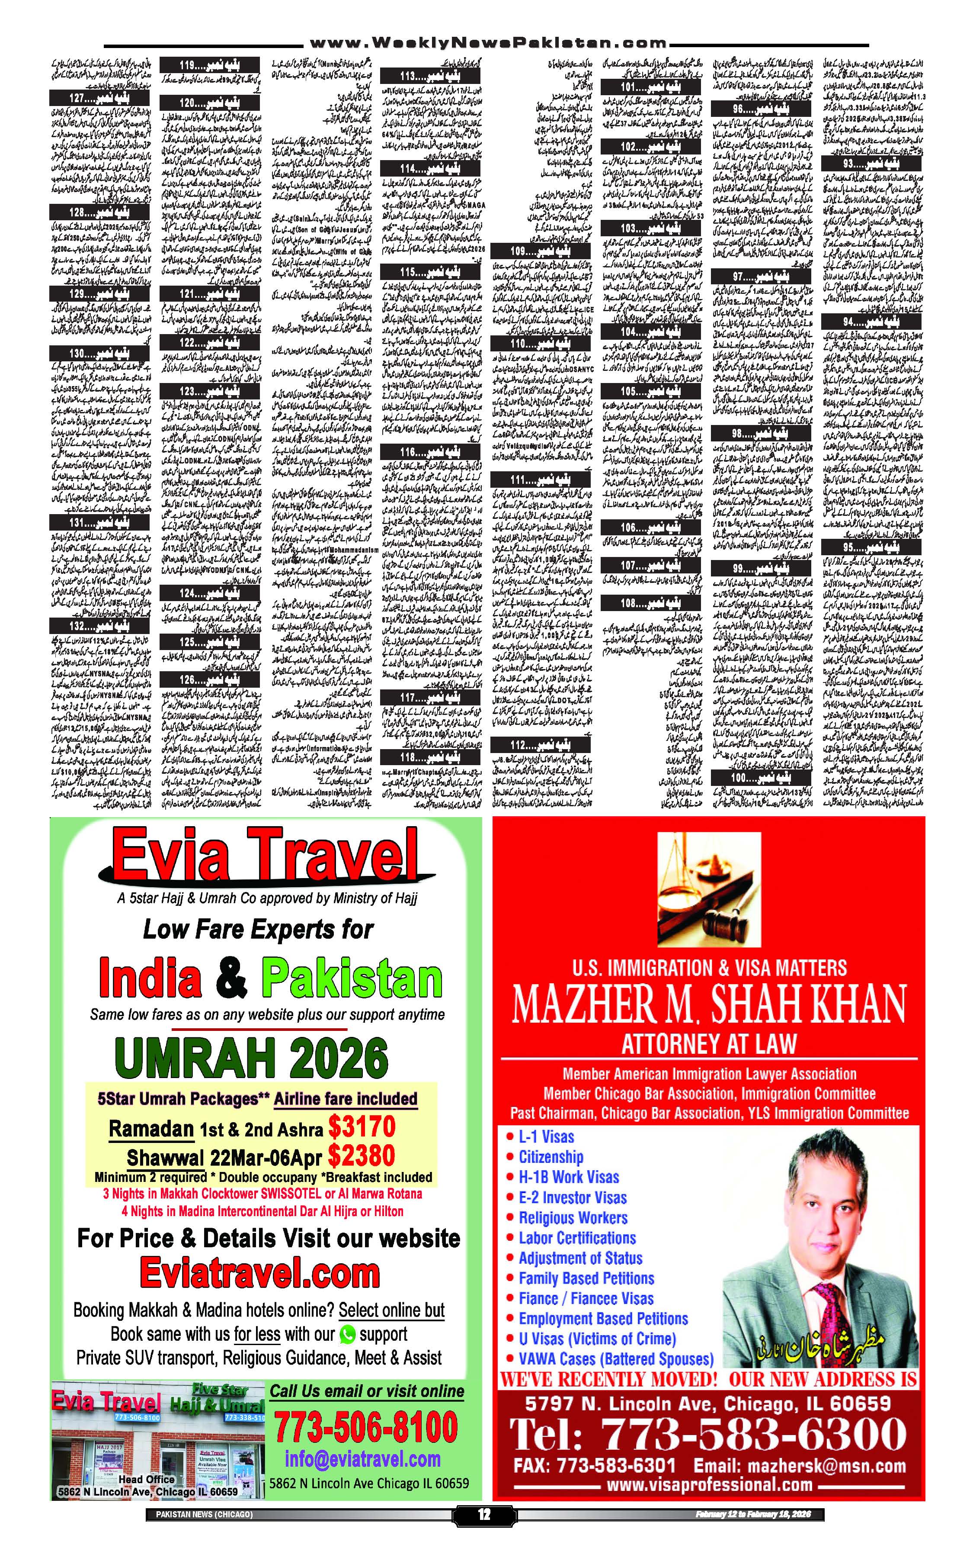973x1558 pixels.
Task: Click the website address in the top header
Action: (x=487, y=43)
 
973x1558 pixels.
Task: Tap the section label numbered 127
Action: (x=100, y=98)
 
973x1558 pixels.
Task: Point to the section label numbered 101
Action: (x=650, y=87)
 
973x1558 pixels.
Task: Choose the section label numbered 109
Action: (x=540, y=251)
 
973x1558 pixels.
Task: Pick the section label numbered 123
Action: (x=210, y=391)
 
